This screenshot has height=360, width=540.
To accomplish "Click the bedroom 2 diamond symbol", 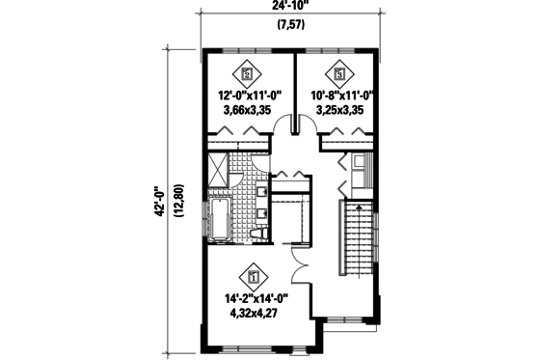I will tap(248, 71).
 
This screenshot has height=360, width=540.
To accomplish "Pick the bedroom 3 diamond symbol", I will tap(340, 70).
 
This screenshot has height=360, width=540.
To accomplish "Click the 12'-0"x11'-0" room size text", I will tap(248, 96).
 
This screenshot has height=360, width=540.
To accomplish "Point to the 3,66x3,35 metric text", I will tap(248, 110).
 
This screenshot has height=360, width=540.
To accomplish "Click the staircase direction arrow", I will tap(358, 208).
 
